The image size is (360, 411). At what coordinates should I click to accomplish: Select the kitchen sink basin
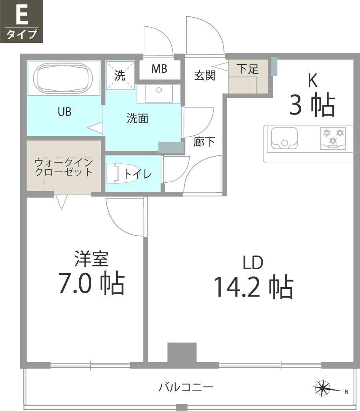point(284,138)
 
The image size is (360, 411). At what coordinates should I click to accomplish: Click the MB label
point(159,69)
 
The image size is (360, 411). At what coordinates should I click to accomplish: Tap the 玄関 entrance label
point(205,75)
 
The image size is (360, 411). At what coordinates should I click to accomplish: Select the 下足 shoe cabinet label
point(247,69)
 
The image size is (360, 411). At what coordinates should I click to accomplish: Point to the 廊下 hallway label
point(204,142)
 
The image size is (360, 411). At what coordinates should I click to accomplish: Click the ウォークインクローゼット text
point(64,167)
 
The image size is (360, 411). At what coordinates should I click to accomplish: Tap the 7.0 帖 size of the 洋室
point(91,283)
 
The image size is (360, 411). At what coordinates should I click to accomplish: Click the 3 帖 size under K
point(312,105)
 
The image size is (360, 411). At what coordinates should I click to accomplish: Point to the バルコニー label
point(185,387)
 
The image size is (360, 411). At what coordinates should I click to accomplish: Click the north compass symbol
point(324,388)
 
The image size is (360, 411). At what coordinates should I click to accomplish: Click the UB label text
point(64,112)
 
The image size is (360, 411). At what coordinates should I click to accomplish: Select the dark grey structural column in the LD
point(182,353)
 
